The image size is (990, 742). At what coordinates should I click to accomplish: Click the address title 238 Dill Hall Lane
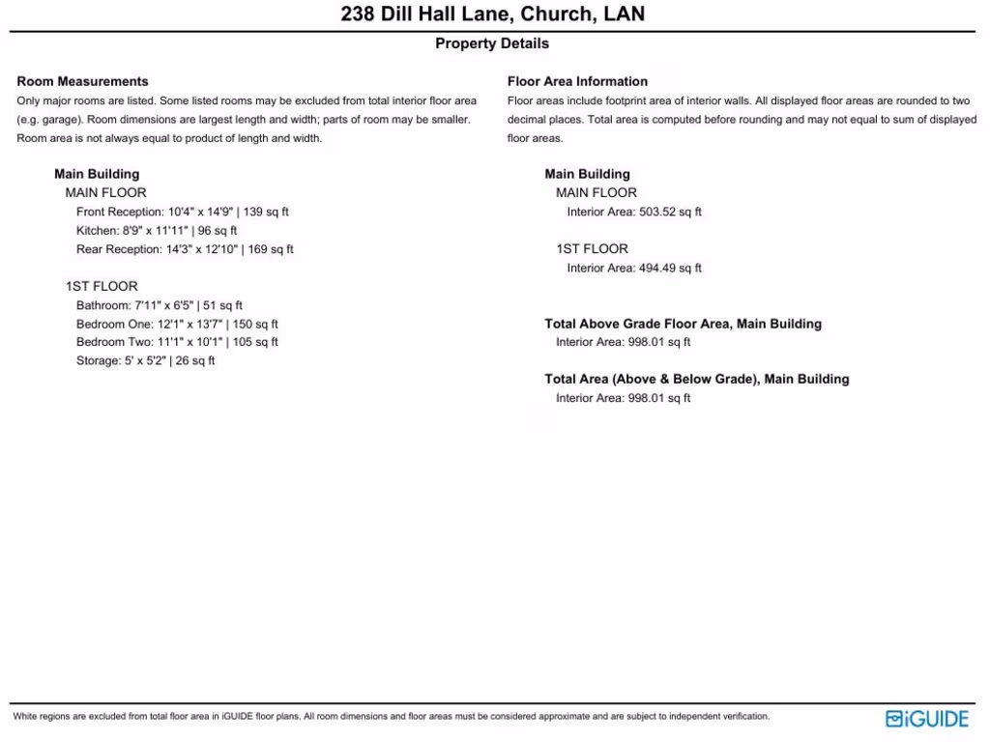click(493, 14)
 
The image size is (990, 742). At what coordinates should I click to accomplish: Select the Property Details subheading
click(492, 43)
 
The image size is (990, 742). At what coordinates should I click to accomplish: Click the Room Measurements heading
click(83, 81)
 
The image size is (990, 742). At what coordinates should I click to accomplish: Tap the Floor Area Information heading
click(577, 81)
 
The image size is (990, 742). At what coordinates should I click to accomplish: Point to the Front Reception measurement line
click(183, 212)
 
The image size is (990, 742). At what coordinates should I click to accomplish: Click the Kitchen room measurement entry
click(157, 231)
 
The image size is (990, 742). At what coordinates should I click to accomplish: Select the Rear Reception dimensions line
click(185, 249)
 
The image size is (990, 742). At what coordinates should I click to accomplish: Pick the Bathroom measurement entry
click(160, 305)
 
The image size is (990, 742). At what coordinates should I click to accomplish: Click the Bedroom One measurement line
click(177, 324)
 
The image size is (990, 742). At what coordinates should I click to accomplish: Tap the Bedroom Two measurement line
click(177, 342)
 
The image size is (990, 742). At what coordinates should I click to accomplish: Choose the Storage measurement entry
click(146, 360)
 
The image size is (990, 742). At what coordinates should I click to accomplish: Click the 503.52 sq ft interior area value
click(670, 212)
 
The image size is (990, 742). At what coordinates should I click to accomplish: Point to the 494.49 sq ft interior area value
click(670, 268)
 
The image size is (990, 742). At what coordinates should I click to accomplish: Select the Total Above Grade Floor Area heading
click(683, 324)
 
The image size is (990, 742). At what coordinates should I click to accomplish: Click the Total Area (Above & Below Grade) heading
click(696, 379)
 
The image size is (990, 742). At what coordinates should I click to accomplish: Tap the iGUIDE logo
click(926, 718)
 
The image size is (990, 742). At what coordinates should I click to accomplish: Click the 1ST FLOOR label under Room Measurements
click(102, 286)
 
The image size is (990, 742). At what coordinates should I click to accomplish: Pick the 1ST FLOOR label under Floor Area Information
click(592, 248)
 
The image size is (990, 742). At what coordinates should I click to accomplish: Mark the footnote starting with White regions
click(391, 717)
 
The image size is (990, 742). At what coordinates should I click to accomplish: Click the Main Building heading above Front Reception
click(97, 174)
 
